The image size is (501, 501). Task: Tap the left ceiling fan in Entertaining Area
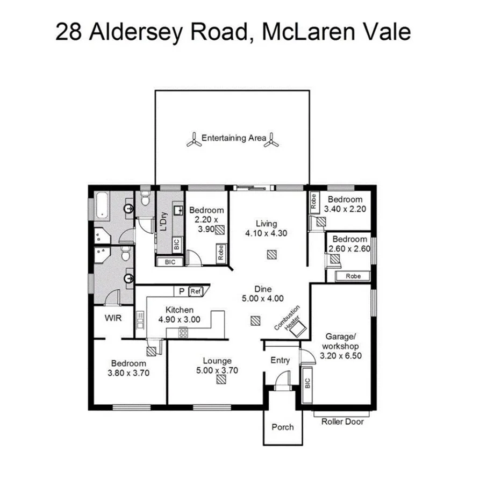click(x=194, y=140)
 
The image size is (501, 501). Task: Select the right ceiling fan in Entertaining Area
click(x=273, y=140)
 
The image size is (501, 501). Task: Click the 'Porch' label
click(x=282, y=427)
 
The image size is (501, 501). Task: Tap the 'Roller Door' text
click(x=342, y=421)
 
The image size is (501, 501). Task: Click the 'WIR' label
click(x=112, y=318)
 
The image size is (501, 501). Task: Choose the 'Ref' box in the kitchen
click(x=195, y=291)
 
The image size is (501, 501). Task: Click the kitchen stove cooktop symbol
click(x=183, y=333)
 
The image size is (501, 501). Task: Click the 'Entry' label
click(x=280, y=360)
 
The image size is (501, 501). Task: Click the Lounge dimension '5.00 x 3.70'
click(x=217, y=370)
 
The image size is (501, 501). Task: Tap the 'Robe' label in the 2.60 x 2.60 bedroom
click(x=353, y=276)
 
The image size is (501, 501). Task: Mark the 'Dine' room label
click(x=263, y=289)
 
